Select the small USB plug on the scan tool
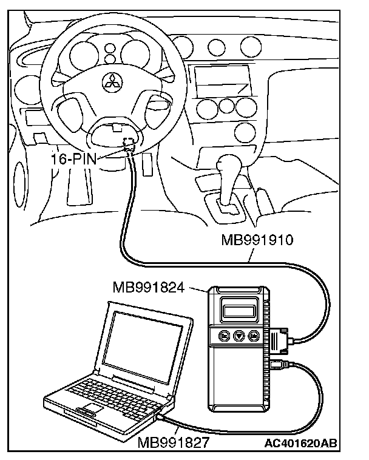pyautogui.click(x=279, y=366)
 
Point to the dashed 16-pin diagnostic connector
pyautogui.click(x=127, y=143)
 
